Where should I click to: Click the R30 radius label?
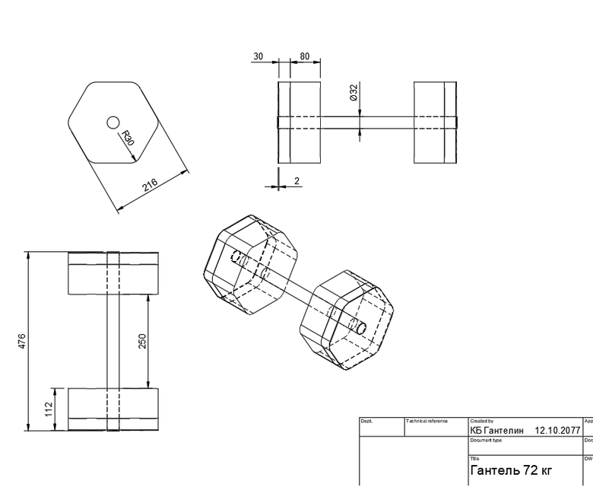(128, 138)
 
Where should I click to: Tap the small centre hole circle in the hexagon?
(113, 122)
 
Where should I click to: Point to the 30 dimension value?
(258, 56)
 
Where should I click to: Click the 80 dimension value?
(304, 56)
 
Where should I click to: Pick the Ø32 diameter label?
(354, 93)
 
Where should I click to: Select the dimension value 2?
(296, 181)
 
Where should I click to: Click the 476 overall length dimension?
(22, 342)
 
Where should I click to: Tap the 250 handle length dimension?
(141, 341)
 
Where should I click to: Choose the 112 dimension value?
(49, 410)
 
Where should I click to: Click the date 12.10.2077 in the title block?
(558, 431)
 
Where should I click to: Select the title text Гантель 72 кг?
(511, 470)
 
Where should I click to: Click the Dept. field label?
(366, 421)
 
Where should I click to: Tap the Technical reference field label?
(427, 421)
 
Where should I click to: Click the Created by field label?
(482, 421)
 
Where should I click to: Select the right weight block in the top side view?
(435, 122)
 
